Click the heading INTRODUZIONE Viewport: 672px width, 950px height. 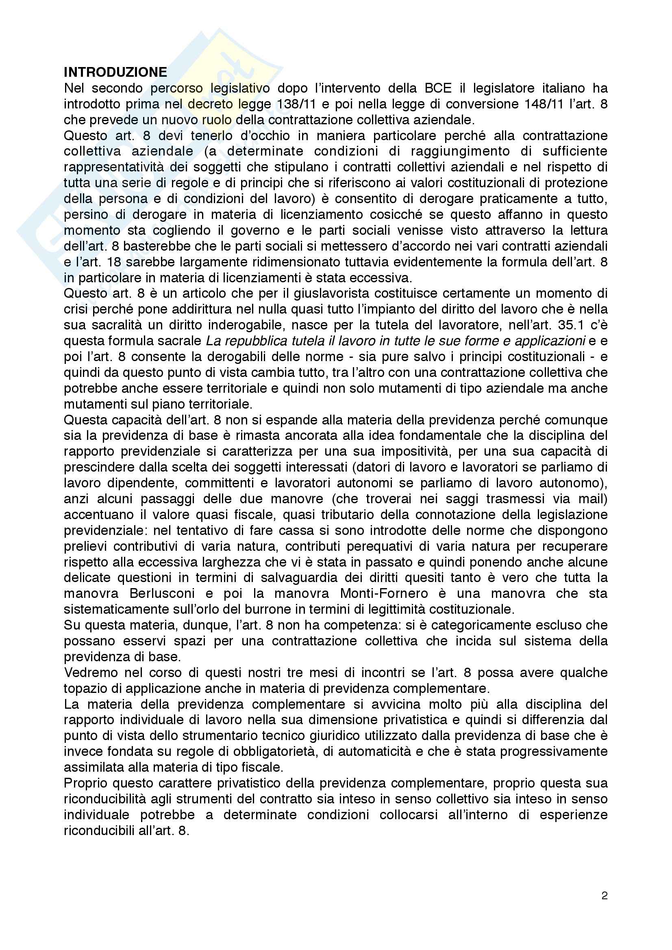tap(115, 72)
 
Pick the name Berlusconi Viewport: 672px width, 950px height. tap(162, 593)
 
